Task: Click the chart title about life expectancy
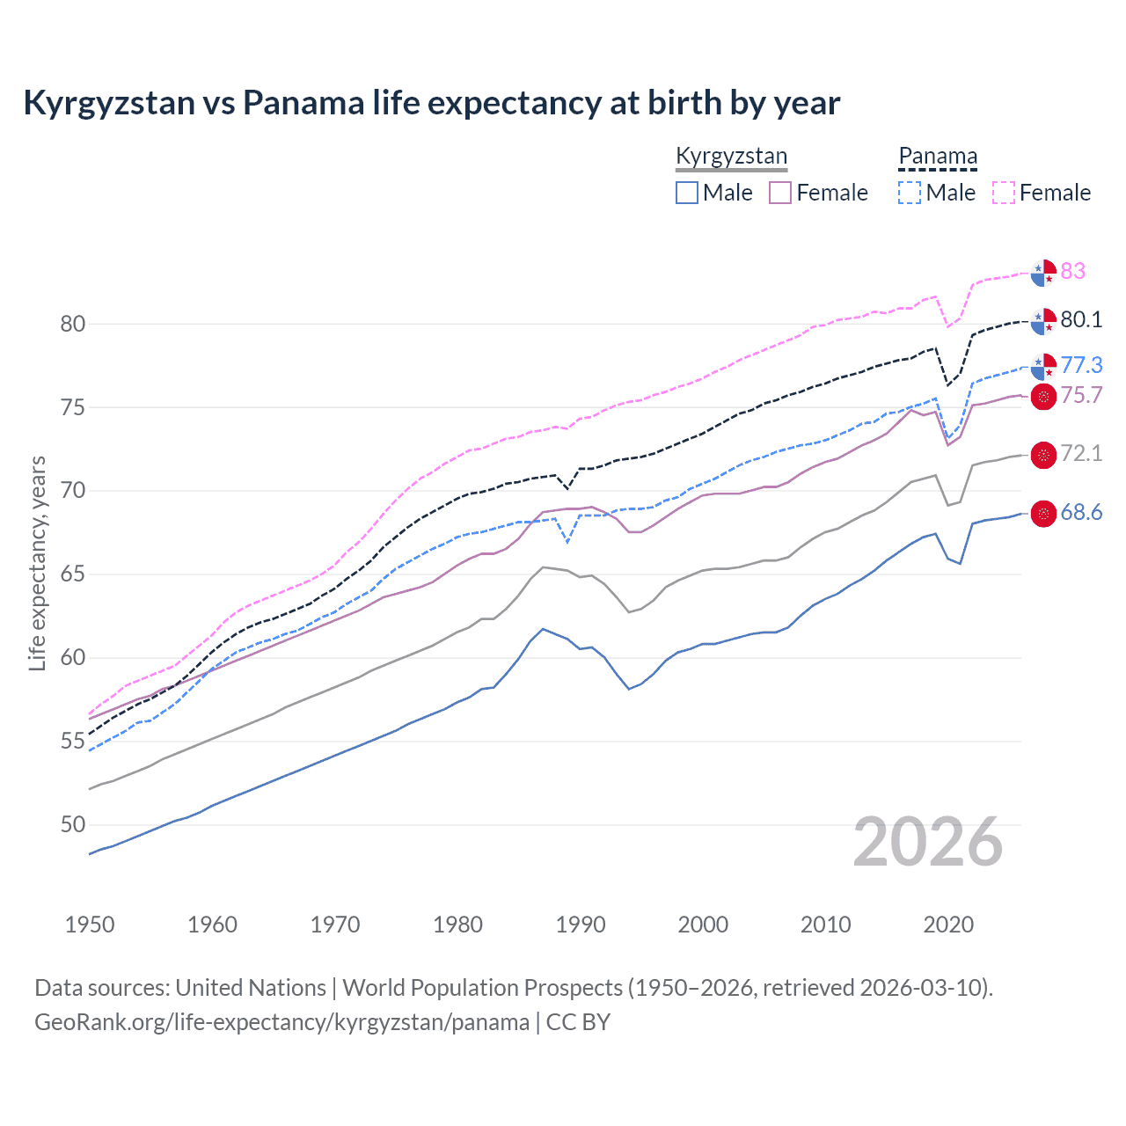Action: point(431,103)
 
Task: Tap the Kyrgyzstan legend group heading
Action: point(731,157)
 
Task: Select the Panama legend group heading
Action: point(938,157)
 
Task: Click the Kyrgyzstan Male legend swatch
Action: point(687,193)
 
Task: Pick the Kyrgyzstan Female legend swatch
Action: point(780,193)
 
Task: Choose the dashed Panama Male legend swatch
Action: point(910,193)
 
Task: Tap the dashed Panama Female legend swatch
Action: point(1004,193)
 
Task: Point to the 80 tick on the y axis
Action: point(73,324)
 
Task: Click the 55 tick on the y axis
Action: point(73,742)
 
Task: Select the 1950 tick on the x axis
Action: point(90,925)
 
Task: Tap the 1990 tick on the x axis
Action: point(581,925)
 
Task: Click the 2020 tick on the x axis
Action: point(948,925)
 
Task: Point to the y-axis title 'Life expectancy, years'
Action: point(38,563)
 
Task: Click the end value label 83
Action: point(1072,271)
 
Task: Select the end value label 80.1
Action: point(1081,319)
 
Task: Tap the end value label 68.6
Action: point(1081,512)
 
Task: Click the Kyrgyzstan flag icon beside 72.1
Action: point(1043,455)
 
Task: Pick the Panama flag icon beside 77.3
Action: point(1043,366)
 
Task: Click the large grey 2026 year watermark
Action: point(927,842)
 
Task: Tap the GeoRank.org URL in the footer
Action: point(281,1022)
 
